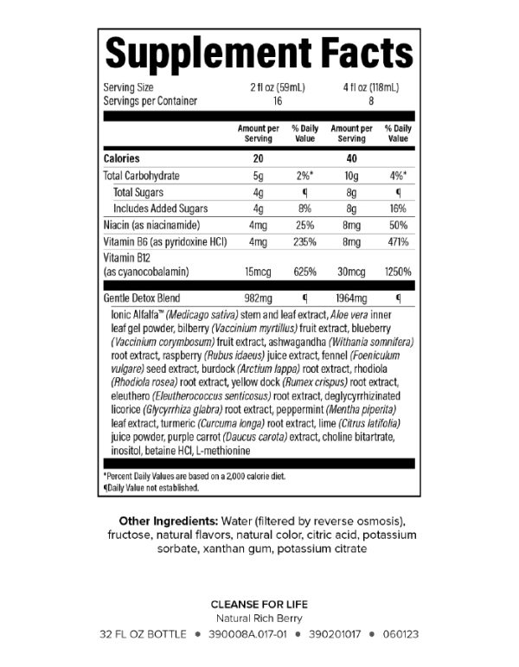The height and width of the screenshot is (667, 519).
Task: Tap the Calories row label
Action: coord(122,158)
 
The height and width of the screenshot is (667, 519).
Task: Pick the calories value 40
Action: coord(351,158)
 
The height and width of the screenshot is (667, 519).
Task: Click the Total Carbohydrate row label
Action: coord(142,176)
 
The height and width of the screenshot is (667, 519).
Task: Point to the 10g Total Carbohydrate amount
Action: coord(351,176)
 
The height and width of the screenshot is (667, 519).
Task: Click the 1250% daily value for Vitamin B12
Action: coord(398,273)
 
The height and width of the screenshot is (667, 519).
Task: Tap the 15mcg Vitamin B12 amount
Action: coord(257,273)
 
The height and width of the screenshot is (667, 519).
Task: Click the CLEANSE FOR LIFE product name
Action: coord(259,604)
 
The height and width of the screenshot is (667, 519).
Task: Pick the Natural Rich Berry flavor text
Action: coord(259,619)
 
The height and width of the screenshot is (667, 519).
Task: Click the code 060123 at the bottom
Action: coord(400,634)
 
